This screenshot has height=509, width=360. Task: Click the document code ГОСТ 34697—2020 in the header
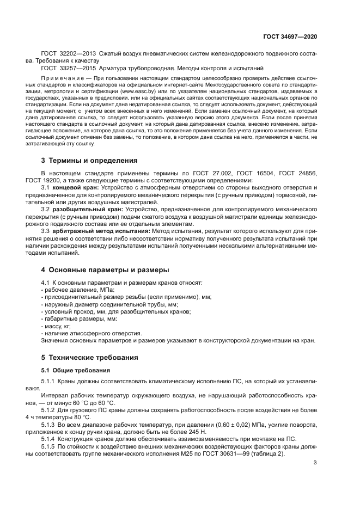pos(290,36)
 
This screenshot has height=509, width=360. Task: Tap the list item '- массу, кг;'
pos(56,326)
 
